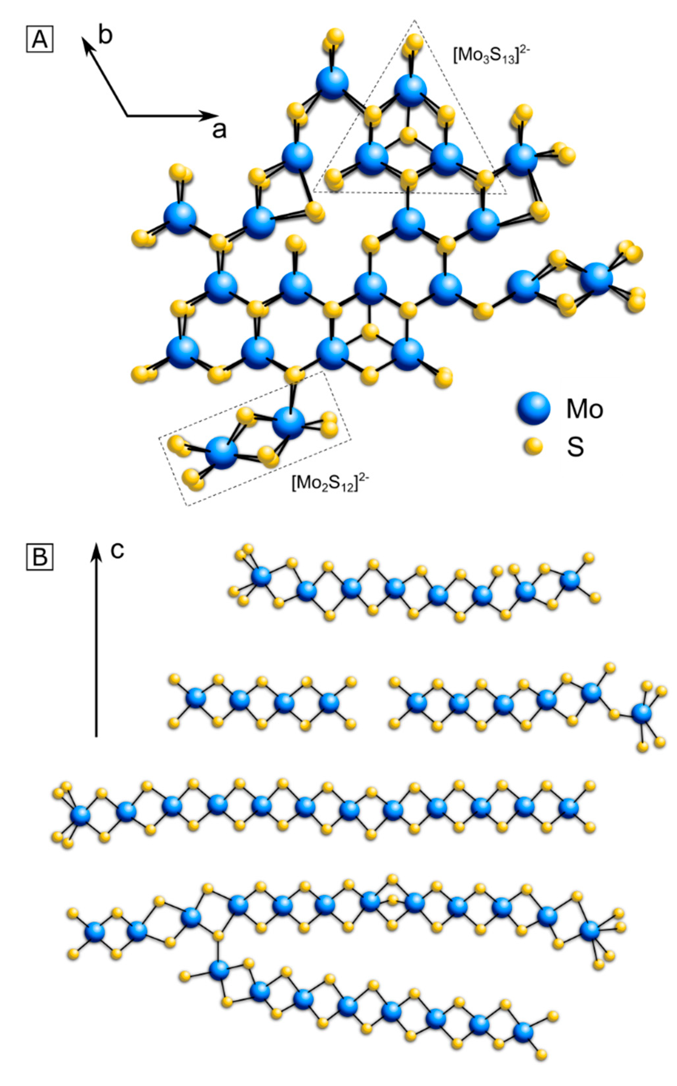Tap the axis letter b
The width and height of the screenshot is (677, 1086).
click(105, 35)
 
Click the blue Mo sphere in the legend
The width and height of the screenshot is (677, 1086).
click(533, 408)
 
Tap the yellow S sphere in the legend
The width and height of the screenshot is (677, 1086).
click(533, 446)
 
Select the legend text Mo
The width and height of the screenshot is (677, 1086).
click(584, 409)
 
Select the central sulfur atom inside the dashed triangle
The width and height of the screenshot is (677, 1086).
click(408, 135)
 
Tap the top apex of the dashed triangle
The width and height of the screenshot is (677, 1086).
click(414, 21)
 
